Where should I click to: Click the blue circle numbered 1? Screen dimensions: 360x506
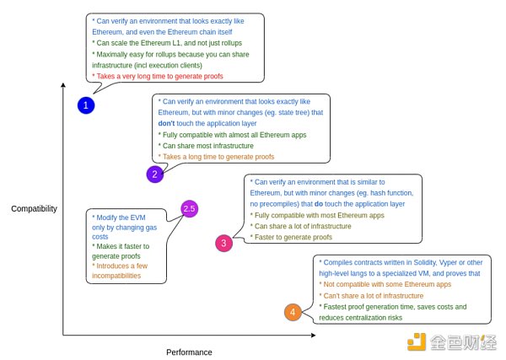click(x=86, y=105)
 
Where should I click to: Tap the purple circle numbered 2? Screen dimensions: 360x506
click(x=154, y=175)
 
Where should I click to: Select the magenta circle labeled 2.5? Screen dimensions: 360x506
click(x=190, y=209)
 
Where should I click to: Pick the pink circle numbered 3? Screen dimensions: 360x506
click(x=223, y=244)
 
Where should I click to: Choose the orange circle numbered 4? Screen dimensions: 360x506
click(x=293, y=312)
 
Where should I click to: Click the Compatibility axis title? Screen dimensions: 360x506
click(x=34, y=207)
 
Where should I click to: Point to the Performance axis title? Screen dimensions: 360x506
click(x=188, y=352)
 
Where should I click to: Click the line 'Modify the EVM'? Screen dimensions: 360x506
click(x=119, y=217)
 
